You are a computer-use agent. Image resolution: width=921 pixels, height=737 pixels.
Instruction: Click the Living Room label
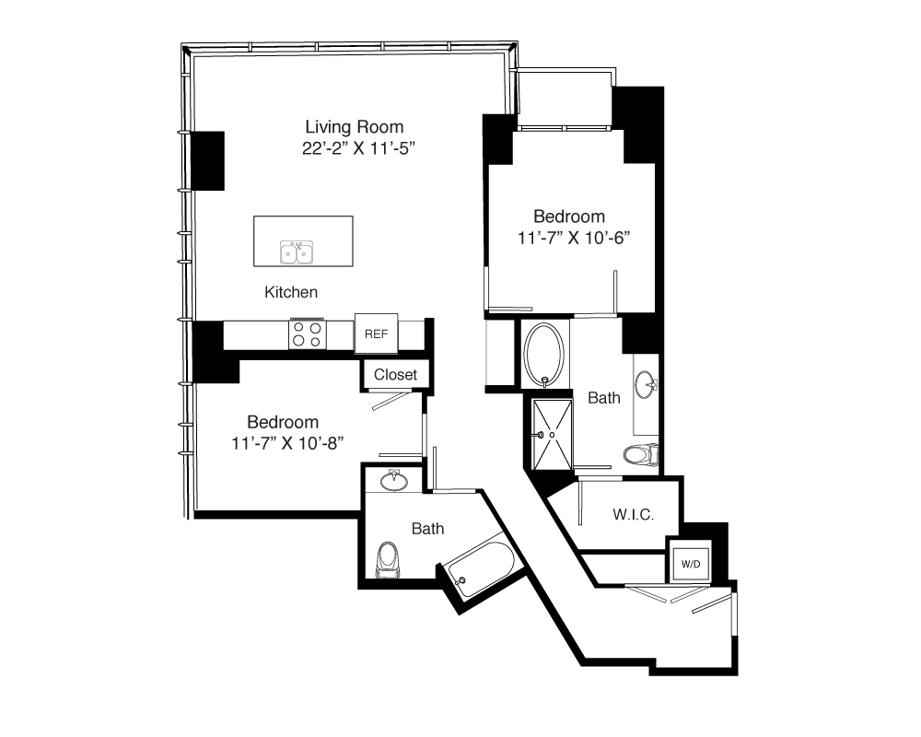[355, 127]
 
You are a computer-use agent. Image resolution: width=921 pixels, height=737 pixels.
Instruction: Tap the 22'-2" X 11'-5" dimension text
[358, 148]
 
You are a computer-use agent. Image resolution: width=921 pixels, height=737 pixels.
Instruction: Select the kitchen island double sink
[297, 252]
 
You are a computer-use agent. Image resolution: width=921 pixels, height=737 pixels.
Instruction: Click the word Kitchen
[291, 292]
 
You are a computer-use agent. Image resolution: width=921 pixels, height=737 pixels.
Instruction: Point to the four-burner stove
[308, 334]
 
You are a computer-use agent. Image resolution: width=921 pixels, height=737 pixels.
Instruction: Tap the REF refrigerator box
[376, 333]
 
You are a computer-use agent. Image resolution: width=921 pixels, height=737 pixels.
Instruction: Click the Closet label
[395, 374]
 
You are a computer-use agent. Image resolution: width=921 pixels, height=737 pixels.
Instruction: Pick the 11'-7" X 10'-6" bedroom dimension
[573, 238]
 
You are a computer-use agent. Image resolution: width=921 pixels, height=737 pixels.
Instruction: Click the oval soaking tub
[544, 355]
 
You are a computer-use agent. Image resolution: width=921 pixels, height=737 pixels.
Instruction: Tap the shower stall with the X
[552, 434]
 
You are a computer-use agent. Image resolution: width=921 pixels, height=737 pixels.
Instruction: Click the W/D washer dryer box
[691, 564]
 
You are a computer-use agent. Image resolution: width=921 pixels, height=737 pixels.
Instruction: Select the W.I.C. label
[634, 515]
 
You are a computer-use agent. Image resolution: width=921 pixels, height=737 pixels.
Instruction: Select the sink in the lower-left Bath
[393, 481]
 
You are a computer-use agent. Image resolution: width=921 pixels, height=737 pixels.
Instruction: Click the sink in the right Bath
[646, 384]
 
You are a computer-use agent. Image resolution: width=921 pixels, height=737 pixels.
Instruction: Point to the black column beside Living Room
[208, 160]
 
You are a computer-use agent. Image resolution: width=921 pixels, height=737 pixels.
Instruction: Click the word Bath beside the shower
[604, 398]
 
